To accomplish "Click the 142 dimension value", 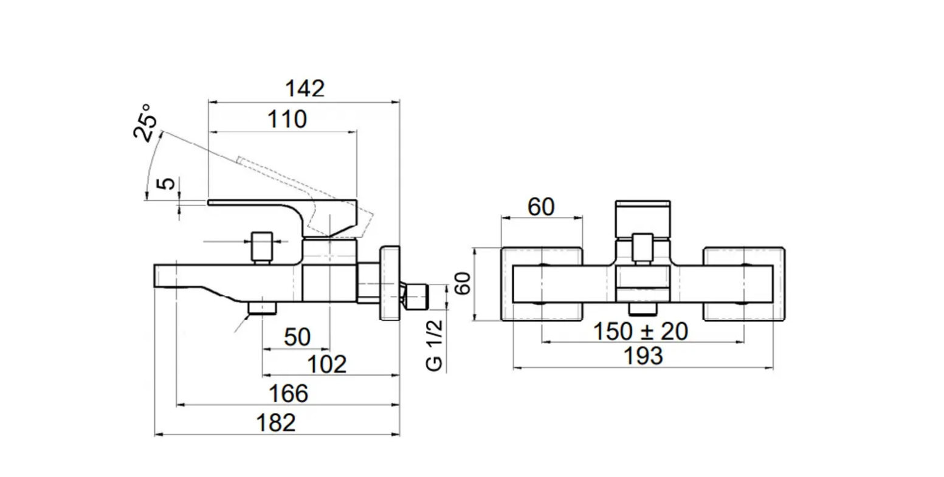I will [305, 89].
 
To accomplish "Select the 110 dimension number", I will [287, 120].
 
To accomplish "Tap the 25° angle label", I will [146, 123].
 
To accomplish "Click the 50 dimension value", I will [297, 337].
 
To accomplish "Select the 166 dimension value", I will [288, 394].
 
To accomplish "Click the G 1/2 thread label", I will [435, 346].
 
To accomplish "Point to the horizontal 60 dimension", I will [540, 207].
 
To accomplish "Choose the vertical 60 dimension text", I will [463, 284].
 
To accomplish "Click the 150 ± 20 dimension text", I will [640, 332].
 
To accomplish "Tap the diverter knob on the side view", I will [262, 247].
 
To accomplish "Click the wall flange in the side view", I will [389, 283].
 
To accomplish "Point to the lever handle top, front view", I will [643, 219].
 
